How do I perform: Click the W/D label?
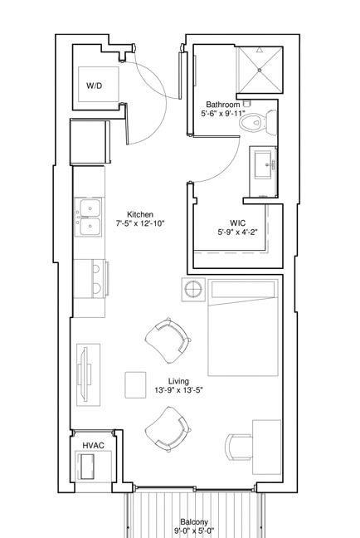[x=94, y=86]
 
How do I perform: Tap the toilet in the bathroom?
[x=257, y=123]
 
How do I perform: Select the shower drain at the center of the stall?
[x=260, y=70]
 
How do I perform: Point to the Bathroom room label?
[x=222, y=105]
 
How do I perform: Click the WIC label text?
[x=237, y=223]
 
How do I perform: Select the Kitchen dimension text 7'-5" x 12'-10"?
[x=140, y=223]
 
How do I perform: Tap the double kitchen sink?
[x=89, y=218]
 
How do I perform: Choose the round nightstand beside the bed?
[x=193, y=290]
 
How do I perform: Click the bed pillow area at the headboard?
[x=243, y=290]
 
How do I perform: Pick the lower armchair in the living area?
[x=168, y=429]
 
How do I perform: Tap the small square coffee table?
[x=135, y=385]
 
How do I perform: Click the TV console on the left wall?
[x=88, y=374]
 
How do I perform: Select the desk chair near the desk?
[x=239, y=447]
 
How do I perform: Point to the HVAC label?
[x=93, y=445]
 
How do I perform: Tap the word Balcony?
[x=194, y=522]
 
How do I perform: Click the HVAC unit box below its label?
[x=87, y=467]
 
